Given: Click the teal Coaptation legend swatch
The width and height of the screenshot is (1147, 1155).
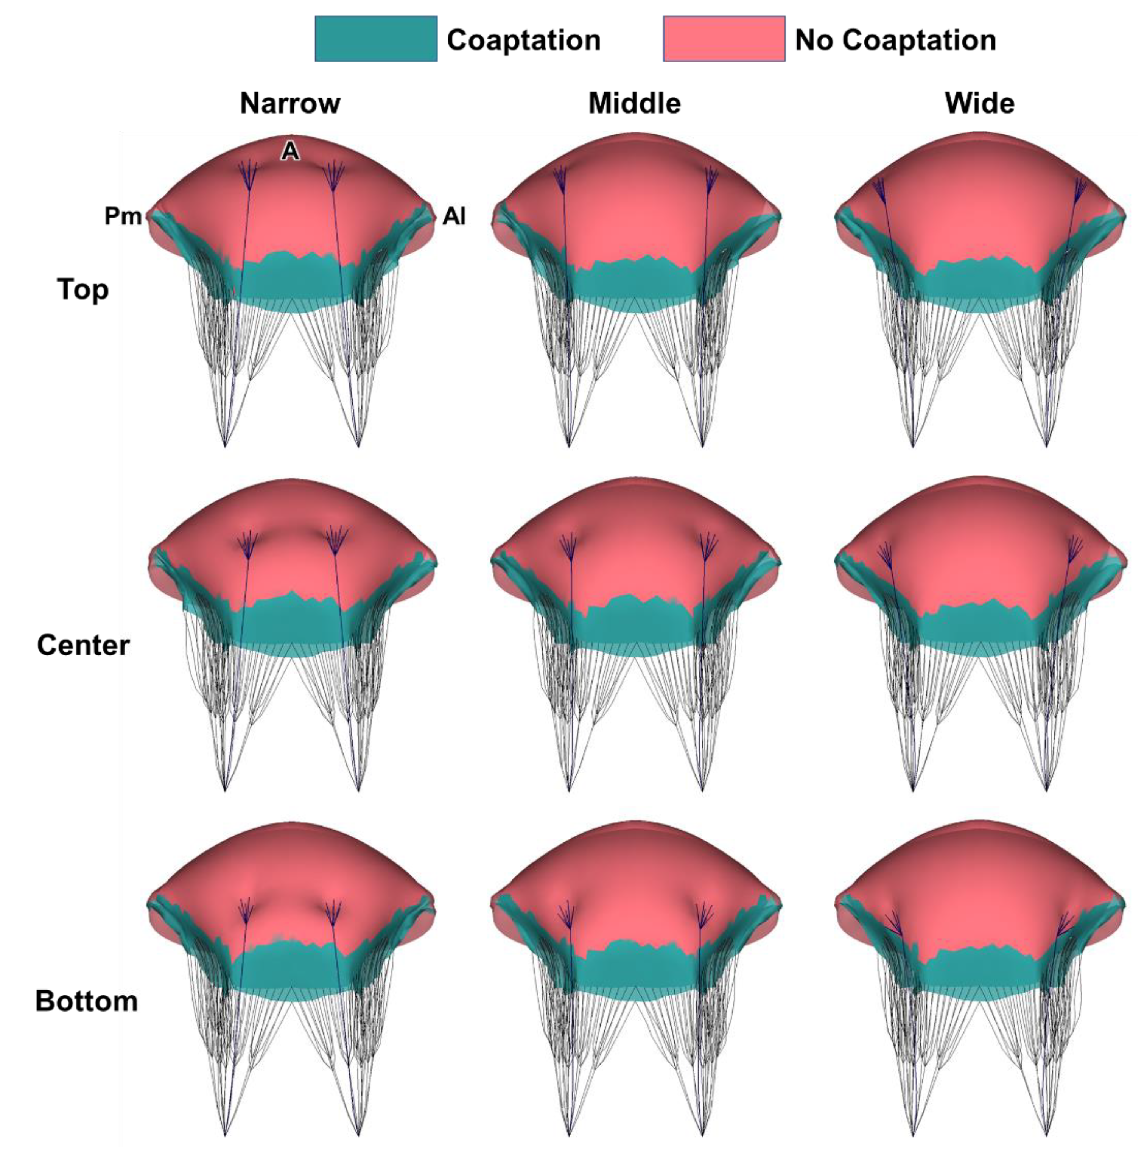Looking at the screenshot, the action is click(376, 39).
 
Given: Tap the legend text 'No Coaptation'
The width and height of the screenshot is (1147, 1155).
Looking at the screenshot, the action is click(895, 40).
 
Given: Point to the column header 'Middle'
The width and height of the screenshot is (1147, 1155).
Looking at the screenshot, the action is click(634, 103).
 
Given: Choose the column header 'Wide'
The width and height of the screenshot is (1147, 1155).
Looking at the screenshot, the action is click(979, 103).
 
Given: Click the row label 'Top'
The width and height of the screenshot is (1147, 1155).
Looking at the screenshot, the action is click(83, 290).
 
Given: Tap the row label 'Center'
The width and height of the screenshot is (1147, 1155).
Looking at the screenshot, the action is click(83, 646).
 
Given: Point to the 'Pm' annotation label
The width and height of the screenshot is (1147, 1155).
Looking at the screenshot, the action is click(123, 216).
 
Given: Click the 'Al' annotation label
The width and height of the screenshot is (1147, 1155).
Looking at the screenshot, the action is click(454, 216).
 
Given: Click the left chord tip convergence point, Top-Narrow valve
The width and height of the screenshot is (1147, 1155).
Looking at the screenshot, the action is click(225, 446).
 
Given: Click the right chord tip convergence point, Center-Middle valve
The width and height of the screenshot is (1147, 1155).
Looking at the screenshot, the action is click(702, 790).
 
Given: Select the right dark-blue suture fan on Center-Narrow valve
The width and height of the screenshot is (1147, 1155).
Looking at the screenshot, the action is click(336, 537).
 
